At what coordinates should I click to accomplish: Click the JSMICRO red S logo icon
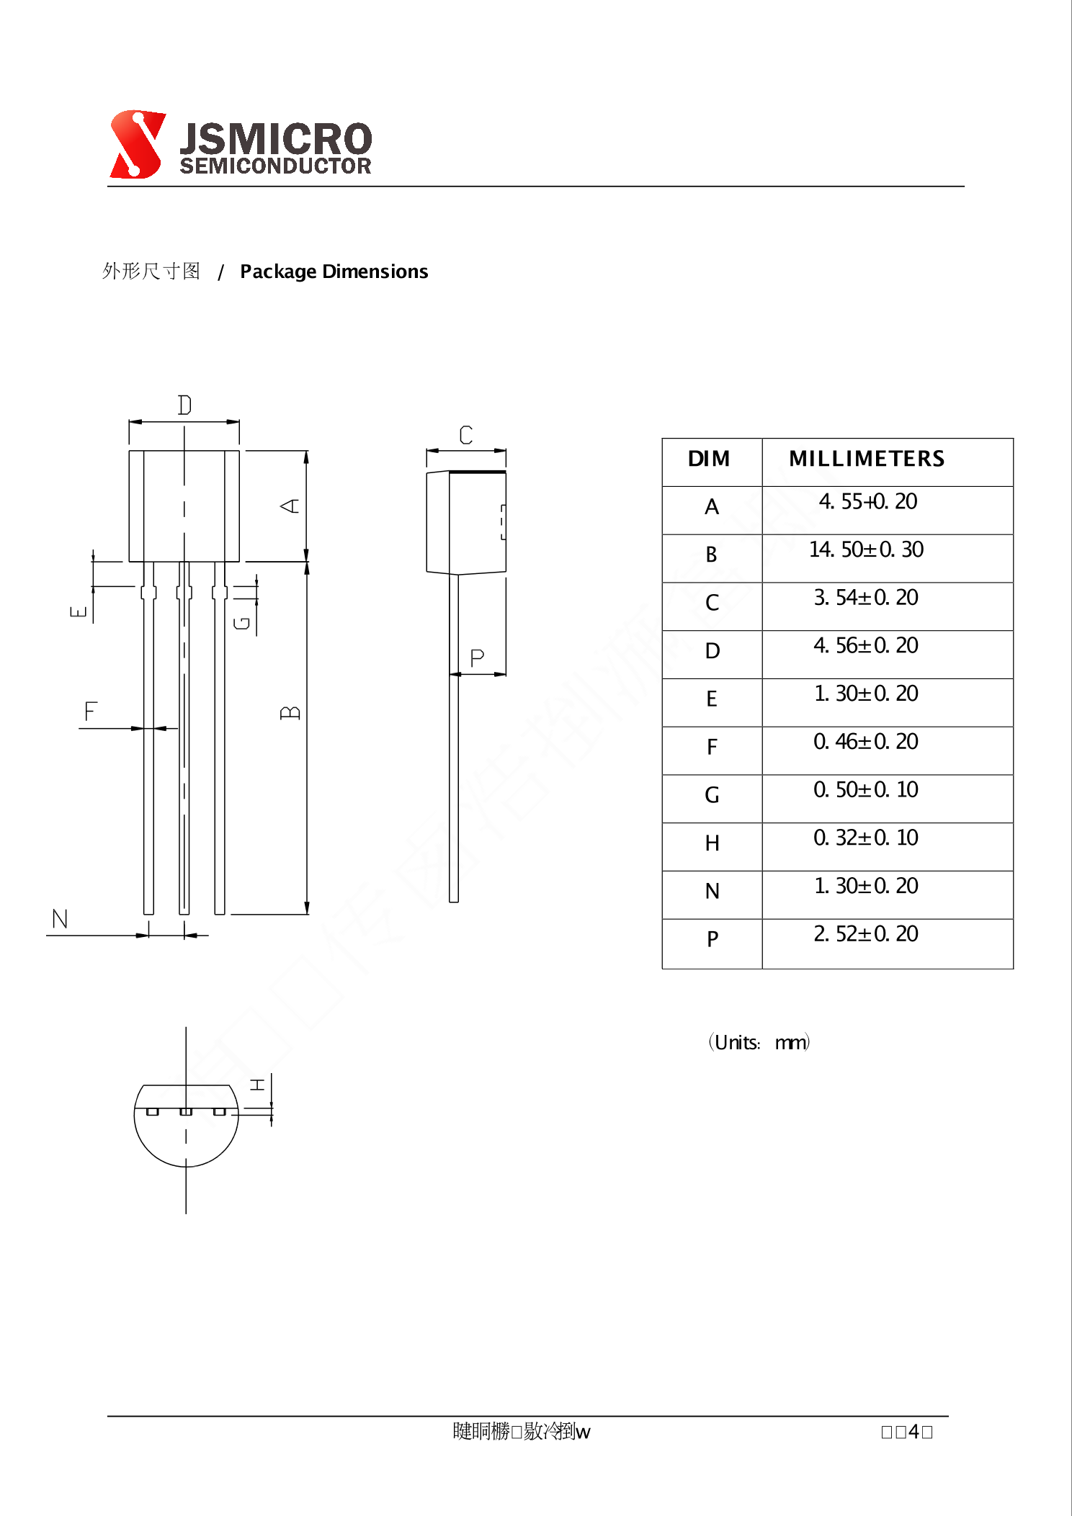136,144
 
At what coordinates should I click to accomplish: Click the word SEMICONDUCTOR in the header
275,166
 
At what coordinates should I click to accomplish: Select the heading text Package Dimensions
334,272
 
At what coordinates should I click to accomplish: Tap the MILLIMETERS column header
866,459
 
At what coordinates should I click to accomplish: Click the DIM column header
709,459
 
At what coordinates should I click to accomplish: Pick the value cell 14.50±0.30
866,550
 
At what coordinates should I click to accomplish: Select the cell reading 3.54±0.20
866,598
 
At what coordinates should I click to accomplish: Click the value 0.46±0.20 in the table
866,742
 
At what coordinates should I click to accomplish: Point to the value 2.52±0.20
866,934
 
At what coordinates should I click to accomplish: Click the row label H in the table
712,843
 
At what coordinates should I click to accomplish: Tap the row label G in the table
712,795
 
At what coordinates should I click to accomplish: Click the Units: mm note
759,1042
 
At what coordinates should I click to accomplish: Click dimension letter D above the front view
184,405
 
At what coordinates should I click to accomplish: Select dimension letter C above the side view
466,435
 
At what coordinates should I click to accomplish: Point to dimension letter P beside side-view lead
477,658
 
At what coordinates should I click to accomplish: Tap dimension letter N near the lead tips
60,919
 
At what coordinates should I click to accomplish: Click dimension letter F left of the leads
90,712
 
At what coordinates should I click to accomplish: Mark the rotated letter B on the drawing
290,713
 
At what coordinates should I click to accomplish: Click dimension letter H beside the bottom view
257,1085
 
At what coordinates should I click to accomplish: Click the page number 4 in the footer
914,1432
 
